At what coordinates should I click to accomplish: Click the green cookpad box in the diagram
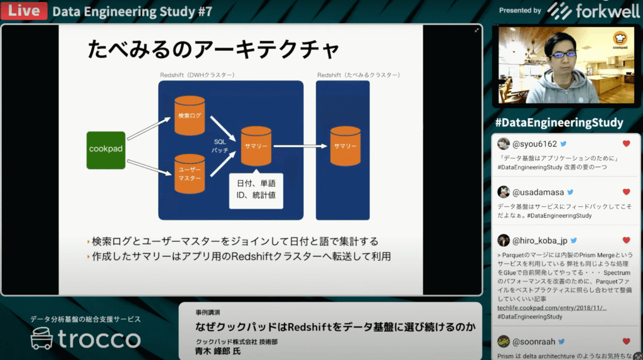[x=105, y=150]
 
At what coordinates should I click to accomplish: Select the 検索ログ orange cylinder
[x=189, y=116]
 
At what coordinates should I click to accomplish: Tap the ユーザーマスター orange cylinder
[x=189, y=174]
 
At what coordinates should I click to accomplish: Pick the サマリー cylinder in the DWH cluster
[x=256, y=146]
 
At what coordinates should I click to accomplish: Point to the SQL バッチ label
[x=220, y=146]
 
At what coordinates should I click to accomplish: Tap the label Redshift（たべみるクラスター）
[x=358, y=75]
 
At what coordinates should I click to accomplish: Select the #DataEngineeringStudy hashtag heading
[x=559, y=123]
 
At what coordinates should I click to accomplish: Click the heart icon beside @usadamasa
[x=626, y=192]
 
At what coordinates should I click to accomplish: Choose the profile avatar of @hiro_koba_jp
[x=504, y=240]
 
